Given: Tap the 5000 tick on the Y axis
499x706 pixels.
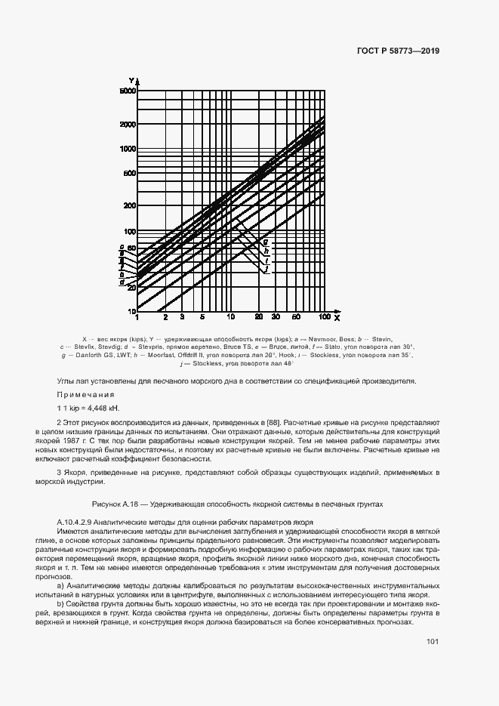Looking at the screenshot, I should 126,91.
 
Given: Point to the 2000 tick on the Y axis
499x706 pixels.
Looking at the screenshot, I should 126,124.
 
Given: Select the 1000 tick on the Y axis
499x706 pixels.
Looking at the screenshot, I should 126,149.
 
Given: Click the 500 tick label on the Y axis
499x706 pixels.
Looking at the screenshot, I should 128,174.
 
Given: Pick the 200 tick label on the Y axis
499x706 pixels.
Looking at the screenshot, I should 128,206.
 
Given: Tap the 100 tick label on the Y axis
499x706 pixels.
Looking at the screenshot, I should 128,231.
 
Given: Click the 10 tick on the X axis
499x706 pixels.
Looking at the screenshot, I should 231,318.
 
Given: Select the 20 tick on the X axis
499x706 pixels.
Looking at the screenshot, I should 259,318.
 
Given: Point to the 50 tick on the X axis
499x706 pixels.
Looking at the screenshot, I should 297,318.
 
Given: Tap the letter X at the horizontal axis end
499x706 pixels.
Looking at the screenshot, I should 337,317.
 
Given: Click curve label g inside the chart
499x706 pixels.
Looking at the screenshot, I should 266,241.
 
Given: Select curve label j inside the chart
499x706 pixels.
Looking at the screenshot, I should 266,270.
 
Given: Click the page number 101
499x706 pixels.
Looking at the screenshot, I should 432,641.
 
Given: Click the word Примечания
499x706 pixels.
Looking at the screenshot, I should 85,395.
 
